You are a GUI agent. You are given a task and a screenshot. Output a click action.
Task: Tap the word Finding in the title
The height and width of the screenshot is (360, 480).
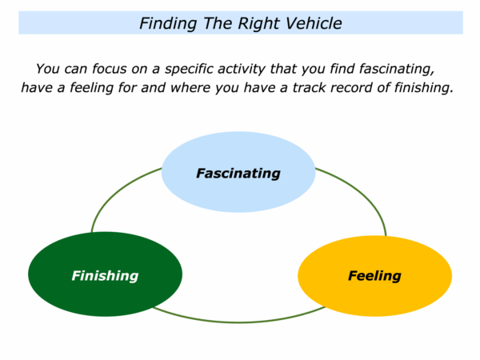click(x=168, y=24)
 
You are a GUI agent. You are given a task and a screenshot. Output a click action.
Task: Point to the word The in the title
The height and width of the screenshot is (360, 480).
click(x=217, y=23)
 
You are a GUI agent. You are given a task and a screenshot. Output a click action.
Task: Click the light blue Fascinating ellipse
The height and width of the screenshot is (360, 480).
click(x=238, y=172)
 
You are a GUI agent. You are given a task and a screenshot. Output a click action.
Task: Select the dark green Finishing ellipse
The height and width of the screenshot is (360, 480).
click(x=105, y=274)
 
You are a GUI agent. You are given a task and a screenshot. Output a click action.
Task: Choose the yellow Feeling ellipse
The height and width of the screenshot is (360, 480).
click(x=374, y=276)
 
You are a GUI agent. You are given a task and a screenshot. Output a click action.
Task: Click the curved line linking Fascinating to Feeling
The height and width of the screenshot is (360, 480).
click(x=362, y=193)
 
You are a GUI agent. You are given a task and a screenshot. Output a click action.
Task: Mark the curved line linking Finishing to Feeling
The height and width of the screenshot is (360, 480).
click(x=238, y=322)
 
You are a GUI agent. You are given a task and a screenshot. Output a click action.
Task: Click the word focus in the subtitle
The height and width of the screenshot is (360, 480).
click(x=110, y=69)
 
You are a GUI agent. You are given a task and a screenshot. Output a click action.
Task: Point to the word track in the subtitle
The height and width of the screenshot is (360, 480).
click(x=307, y=87)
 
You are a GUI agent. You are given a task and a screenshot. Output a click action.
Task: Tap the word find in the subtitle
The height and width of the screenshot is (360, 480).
click(x=342, y=69)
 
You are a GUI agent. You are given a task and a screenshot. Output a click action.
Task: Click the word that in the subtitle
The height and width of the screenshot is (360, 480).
click(x=282, y=69)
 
